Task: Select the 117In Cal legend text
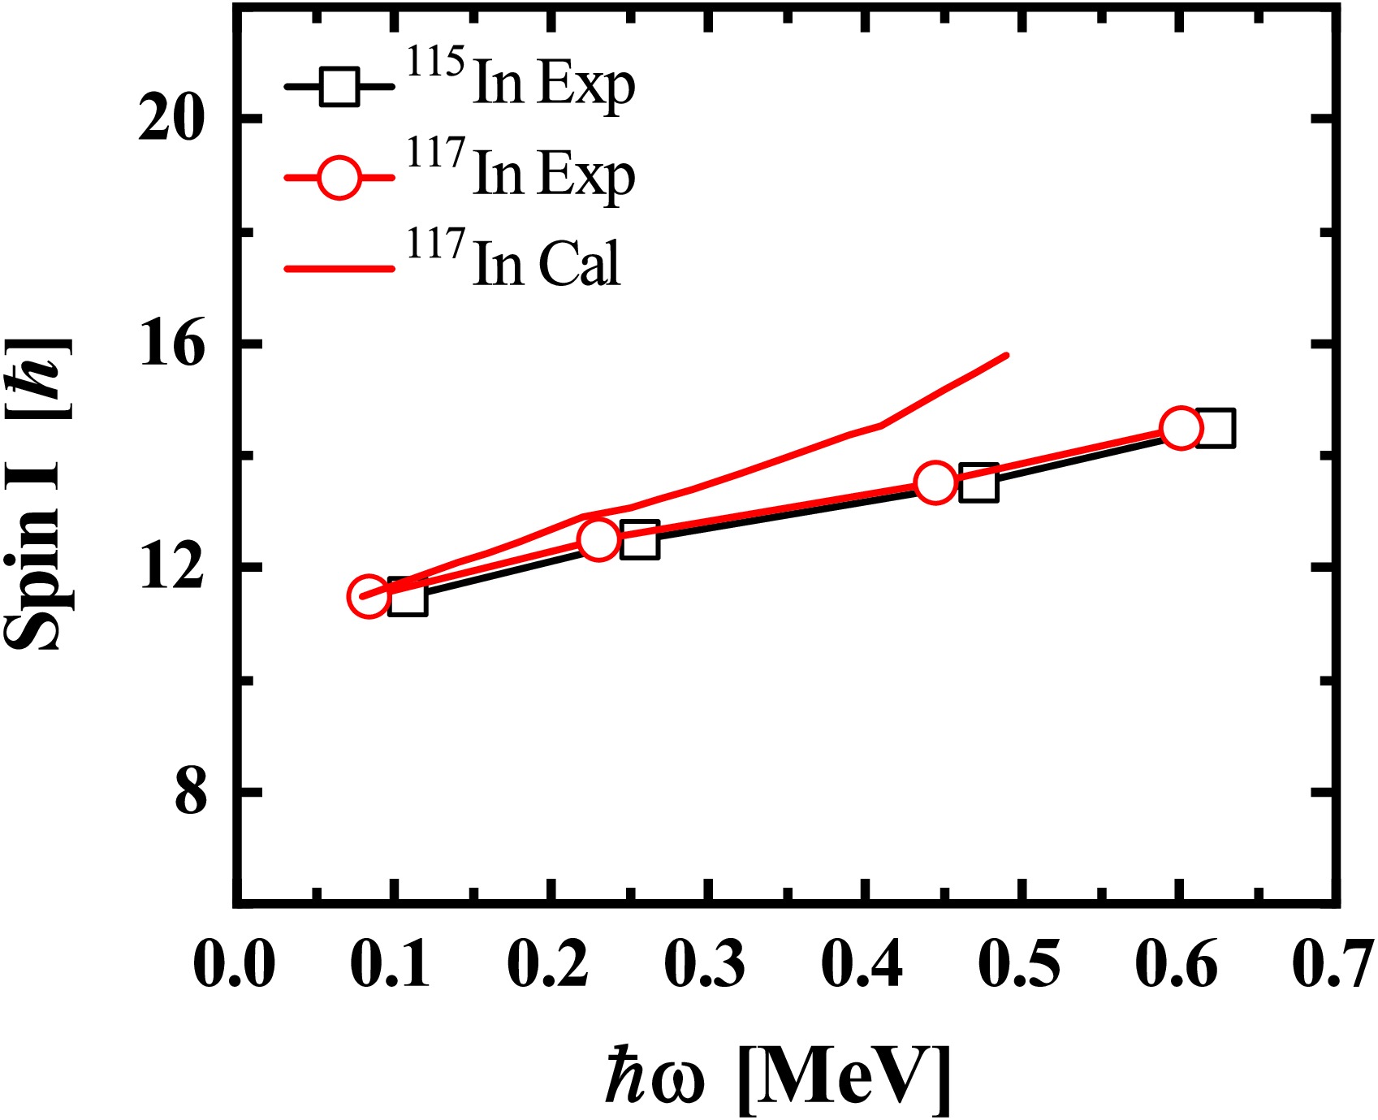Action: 514,262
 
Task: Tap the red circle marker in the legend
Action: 339,177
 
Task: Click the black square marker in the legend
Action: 339,86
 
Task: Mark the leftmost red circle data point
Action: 368,596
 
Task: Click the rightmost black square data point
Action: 1216,428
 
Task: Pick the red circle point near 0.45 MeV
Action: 935,483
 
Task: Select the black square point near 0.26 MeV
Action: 639,540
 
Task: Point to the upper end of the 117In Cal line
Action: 1007,355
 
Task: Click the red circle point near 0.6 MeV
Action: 1181,427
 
